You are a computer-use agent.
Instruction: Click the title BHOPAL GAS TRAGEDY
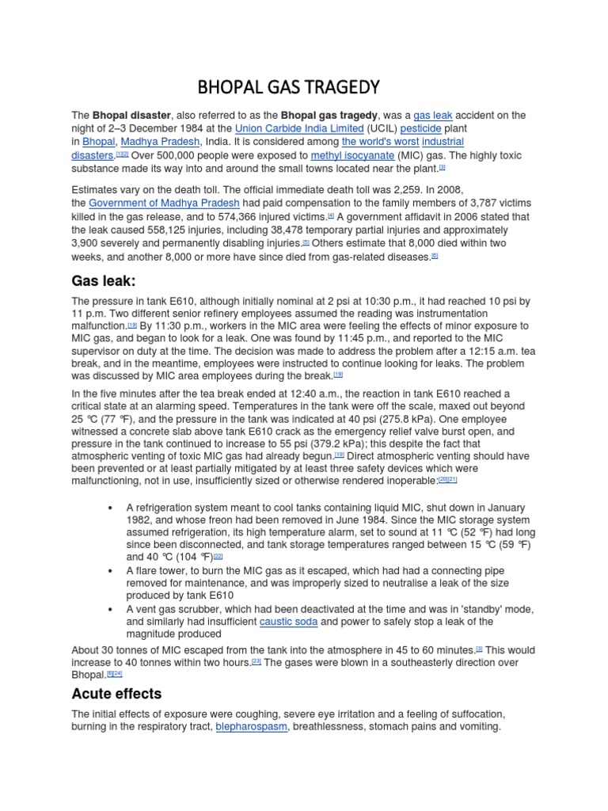[x=288, y=86]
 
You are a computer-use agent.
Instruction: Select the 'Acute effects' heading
[x=116, y=693]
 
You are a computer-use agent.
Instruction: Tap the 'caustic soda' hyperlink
[x=288, y=622]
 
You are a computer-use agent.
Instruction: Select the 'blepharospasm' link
[x=251, y=726]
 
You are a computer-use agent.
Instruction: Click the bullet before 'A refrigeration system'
[x=108, y=507]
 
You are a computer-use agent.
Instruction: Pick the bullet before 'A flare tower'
[x=108, y=570]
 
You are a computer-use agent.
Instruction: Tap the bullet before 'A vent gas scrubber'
[x=108, y=609]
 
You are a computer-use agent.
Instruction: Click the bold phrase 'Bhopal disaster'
[x=131, y=115]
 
